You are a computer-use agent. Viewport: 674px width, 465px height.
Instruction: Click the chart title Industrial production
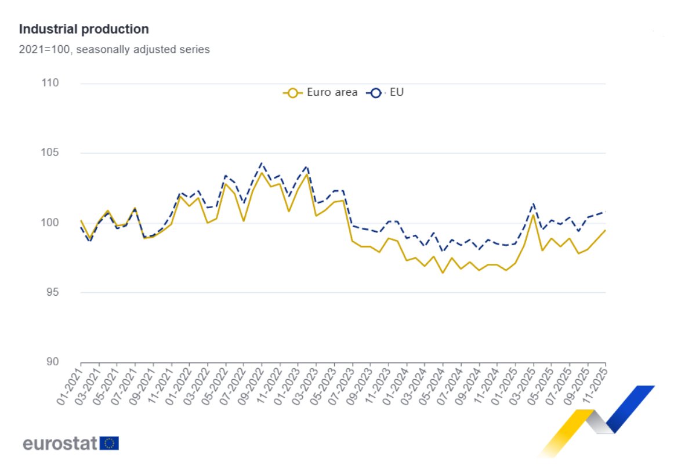(84, 29)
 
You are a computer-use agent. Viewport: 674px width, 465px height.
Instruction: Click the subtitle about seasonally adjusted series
(114, 49)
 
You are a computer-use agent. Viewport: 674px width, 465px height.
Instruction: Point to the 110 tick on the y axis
(51, 83)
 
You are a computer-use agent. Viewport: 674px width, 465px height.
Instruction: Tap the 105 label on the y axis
(51, 153)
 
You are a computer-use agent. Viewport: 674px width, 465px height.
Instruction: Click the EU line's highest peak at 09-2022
(262, 163)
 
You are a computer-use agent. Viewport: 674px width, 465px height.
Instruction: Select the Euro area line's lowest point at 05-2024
(443, 273)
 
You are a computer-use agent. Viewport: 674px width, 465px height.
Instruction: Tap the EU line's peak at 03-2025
(533, 204)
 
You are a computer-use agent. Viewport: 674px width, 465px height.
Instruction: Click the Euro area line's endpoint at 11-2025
(606, 230)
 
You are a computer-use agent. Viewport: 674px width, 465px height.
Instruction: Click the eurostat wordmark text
(60, 444)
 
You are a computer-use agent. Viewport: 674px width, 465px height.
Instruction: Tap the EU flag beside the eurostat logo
(109, 444)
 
